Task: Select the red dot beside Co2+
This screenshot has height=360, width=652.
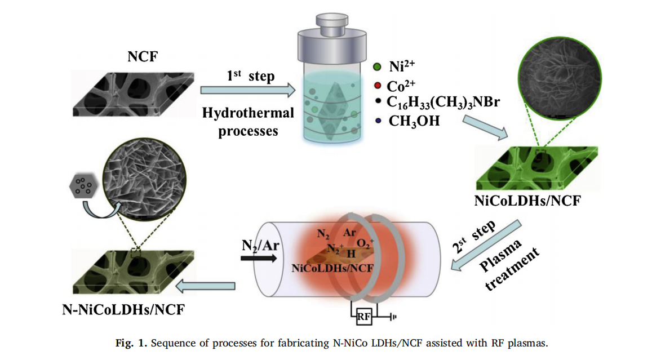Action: (378, 86)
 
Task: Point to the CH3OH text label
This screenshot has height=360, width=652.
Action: (410, 120)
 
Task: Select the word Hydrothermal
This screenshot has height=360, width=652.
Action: (249, 113)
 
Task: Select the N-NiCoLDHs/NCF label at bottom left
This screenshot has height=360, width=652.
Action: (124, 309)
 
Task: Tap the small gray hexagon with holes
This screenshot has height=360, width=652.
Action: (82, 185)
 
